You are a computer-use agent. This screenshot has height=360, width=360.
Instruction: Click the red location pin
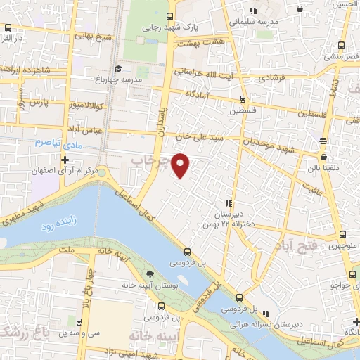tap(181, 165)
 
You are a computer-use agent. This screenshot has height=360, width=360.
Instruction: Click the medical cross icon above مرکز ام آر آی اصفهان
tap(65, 160)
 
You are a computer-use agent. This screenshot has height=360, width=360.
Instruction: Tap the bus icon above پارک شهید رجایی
tap(169, 17)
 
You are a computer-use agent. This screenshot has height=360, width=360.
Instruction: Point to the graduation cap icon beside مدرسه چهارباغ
tap(118, 68)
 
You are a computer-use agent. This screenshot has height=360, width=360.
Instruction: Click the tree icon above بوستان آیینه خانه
tap(149, 274)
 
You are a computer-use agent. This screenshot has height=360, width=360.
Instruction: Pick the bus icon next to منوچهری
tap(343, 235)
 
